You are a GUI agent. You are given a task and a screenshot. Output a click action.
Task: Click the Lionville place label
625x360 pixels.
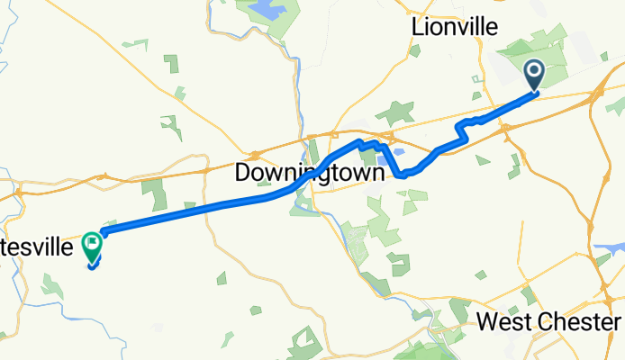454,27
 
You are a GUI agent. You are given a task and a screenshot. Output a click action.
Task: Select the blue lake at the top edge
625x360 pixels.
265,10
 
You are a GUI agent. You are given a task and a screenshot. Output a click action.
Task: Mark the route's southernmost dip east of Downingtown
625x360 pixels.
402,175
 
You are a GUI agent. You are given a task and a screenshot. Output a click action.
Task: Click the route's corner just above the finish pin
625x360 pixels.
103,232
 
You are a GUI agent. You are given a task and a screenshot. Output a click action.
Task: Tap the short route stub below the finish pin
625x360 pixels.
94,265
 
